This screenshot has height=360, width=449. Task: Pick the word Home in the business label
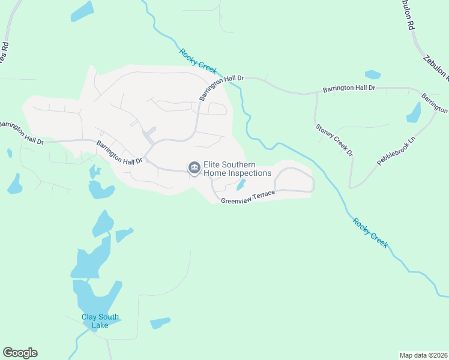[x=215, y=173]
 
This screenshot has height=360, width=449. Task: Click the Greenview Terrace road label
[x=247, y=197]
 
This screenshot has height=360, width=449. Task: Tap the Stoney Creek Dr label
[x=334, y=140]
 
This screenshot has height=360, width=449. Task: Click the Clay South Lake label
[x=100, y=322]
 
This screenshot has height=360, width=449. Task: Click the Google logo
[x=20, y=353]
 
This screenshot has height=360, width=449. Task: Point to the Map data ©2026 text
[x=423, y=355]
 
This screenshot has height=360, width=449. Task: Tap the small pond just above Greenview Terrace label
[x=241, y=184]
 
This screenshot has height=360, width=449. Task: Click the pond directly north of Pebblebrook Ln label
[x=414, y=112]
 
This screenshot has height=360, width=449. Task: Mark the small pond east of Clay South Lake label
[x=160, y=323]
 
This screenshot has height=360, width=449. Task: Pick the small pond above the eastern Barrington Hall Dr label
[x=372, y=75]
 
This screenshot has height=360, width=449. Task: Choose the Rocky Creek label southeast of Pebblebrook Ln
[x=370, y=233]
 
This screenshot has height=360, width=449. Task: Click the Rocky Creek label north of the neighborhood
[x=197, y=61]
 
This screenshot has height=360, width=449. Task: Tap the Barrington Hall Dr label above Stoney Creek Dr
[x=349, y=88]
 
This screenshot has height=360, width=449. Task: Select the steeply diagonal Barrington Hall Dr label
[x=214, y=89]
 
